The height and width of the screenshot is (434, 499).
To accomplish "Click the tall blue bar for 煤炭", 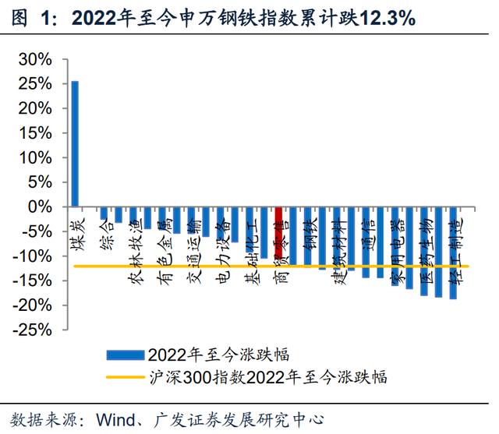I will pos(75,144).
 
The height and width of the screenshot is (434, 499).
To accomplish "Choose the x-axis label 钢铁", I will pos(310,235).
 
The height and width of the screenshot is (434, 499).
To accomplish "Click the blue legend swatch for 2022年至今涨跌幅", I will pos(125,355).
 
